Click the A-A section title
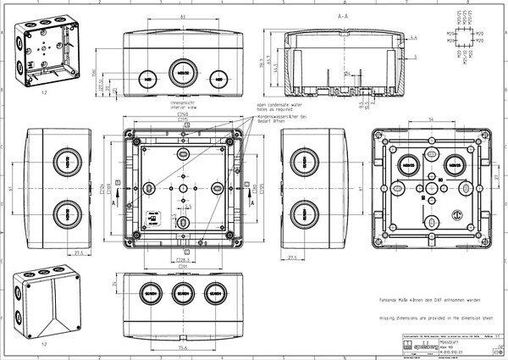343,16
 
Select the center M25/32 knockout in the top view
184,73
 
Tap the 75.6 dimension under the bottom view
182,346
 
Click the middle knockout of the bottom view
184,296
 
